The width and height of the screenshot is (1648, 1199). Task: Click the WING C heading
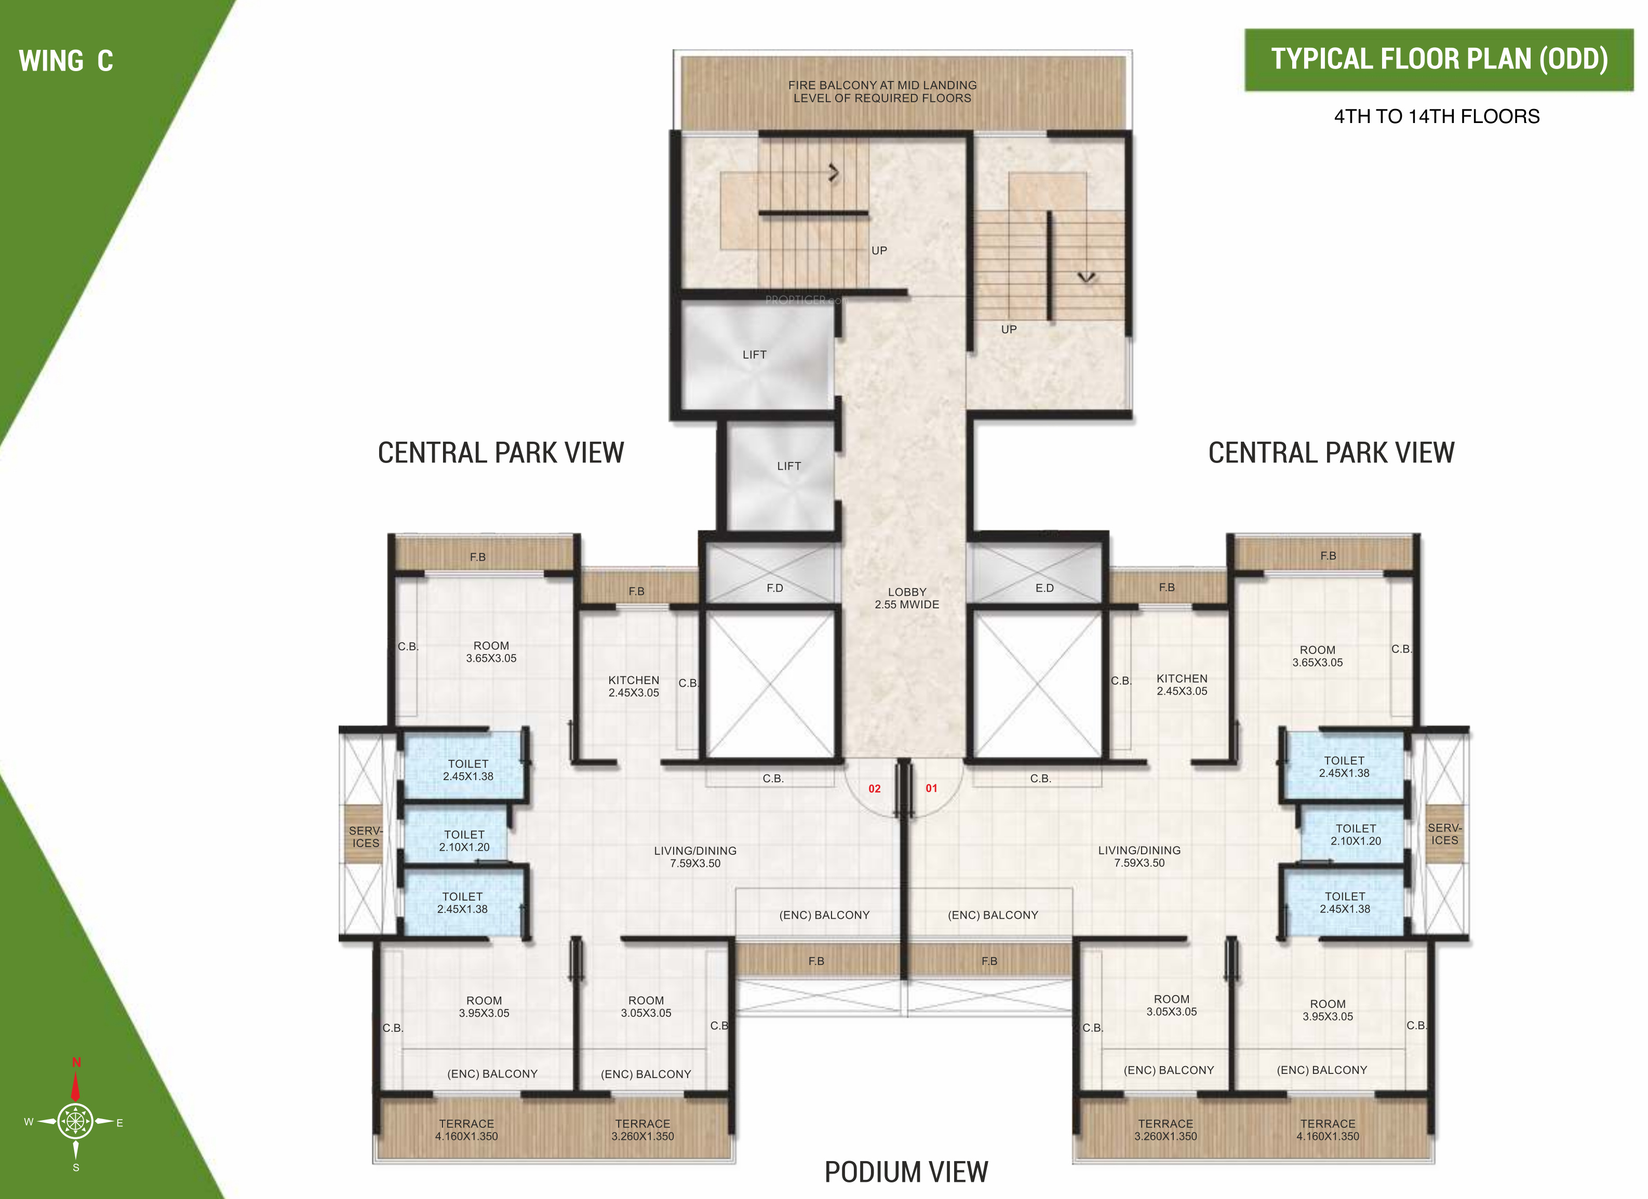pos(66,61)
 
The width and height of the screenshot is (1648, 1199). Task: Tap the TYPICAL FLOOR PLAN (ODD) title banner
pos(1439,60)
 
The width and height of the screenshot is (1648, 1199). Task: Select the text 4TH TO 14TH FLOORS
pos(1437,116)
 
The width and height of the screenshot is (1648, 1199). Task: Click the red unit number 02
pos(874,788)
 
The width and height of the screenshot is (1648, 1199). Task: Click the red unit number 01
pos(932,788)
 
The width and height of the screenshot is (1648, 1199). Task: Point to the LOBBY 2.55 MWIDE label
pos(907,598)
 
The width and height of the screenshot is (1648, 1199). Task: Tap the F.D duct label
pos(774,588)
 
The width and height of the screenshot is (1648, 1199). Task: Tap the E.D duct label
pos(1044,588)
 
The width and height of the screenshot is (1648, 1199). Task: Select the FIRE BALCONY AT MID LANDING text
pos(882,85)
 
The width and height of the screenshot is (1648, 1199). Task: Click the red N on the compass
pos(76,1062)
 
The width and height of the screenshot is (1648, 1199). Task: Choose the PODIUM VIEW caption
pos(906,1172)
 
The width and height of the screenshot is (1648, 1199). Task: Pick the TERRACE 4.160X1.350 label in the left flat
pos(466,1130)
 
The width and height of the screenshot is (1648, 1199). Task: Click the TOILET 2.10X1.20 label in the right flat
pos(1356,835)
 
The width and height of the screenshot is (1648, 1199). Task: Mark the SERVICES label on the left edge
pos(366,837)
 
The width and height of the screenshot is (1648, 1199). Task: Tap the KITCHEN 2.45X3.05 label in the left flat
pos(634,686)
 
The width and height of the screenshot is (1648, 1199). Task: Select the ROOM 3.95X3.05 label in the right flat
pos(1328,1010)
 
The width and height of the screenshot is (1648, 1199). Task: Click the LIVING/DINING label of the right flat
pos(1140,856)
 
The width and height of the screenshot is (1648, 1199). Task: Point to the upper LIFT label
pos(754,355)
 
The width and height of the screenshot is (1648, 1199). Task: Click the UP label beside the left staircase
pos(879,251)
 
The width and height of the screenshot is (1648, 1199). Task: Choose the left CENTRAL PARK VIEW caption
pos(501,453)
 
